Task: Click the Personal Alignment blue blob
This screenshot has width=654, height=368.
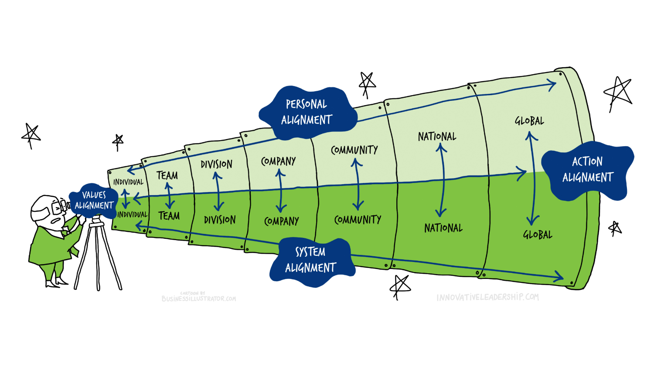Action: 308,112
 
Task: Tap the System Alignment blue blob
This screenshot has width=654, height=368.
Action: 310,261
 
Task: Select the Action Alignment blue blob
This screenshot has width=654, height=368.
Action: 588,170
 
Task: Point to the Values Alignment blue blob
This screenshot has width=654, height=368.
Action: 94,200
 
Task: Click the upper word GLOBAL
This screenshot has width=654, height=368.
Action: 529,121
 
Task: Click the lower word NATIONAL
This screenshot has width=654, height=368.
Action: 443,228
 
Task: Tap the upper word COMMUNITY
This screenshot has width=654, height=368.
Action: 354,150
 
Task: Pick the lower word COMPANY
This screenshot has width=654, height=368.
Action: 282,221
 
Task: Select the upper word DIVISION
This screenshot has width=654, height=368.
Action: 217,165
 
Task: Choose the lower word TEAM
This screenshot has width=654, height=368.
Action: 169,216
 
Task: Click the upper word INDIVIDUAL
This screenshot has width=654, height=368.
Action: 128,182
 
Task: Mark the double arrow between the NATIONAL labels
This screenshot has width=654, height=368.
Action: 442,180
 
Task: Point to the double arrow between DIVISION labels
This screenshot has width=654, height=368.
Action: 218,191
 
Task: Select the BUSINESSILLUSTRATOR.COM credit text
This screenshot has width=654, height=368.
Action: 199,299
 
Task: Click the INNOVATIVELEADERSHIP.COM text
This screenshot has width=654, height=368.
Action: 487,297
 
